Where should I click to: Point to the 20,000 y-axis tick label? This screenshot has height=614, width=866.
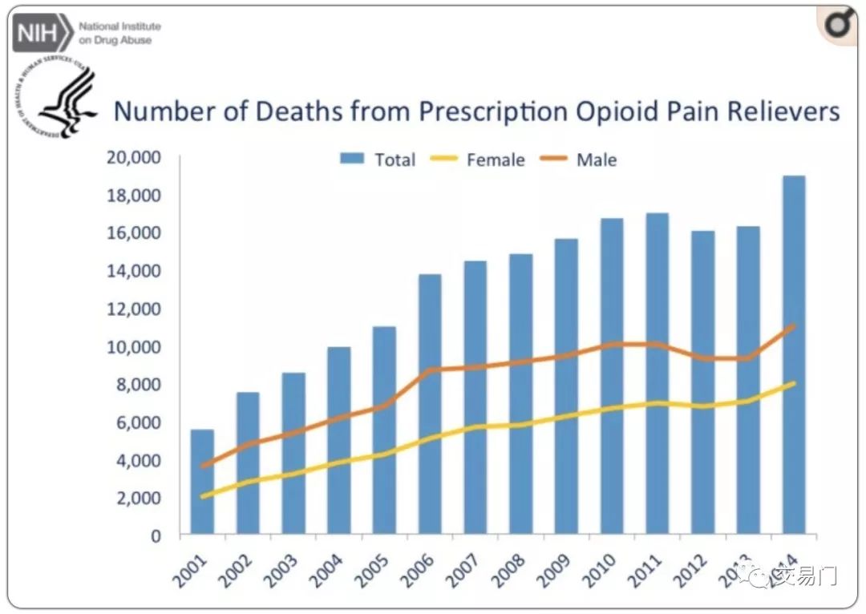coord(134,157)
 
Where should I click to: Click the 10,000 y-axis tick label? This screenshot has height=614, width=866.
coord(134,346)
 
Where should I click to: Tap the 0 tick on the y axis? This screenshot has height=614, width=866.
coord(156,535)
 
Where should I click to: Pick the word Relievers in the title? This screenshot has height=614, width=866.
coord(778,111)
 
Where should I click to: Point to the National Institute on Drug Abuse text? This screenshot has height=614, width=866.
coord(119,33)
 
